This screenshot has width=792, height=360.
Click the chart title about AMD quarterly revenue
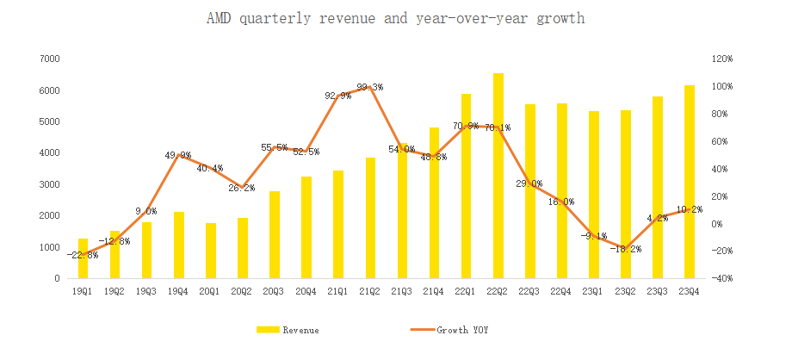pos(395,18)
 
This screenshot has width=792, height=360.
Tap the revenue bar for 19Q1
pos(84,258)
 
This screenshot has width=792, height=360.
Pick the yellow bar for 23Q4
pos(690,182)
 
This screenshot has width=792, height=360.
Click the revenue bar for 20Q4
pos(306,227)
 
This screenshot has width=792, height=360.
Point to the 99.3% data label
pos(370,87)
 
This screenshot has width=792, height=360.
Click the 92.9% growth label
pos(337,96)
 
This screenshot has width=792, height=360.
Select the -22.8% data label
pos(84,255)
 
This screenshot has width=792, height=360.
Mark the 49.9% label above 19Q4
pos(179,155)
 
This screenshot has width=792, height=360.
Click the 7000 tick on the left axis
pos(49,59)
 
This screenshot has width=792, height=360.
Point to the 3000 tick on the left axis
pos(49,184)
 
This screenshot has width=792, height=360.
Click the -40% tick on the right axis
pos(721,278)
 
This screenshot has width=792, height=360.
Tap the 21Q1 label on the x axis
pos(338,292)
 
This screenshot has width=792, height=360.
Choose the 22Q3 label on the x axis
pos(529,292)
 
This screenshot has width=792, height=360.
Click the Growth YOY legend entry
pos(456,330)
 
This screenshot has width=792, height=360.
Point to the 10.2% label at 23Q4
pos(690,209)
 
